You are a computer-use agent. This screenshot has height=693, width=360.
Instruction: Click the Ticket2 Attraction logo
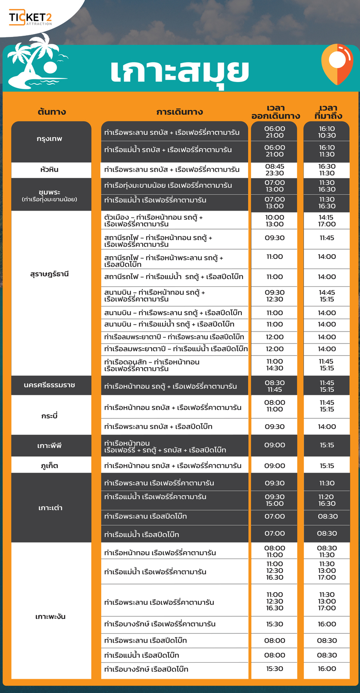(x=31, y=18)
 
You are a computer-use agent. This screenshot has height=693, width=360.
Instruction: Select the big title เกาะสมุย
(x=179, y=71)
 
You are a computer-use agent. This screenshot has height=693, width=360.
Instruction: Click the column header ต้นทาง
(x=52, y=112)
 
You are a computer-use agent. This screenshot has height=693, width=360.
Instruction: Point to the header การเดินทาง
(x=179, y=112)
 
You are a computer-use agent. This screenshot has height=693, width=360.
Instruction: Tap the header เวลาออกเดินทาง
(x=275, y=112)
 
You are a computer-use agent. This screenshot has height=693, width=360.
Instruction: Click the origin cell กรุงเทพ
(x=50, y=139)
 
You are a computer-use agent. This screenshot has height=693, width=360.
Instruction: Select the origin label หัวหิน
(x=50, y=170)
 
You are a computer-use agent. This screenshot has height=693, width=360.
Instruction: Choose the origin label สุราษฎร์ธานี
(x=50, y=274)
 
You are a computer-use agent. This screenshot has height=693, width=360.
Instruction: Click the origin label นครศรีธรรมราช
(x=50, y=385)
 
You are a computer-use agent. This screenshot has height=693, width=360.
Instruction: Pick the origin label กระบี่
(x=50, y=416)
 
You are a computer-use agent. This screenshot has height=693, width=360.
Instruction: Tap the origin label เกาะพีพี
(x=50, y=445)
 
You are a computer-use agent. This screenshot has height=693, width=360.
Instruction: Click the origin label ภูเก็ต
(x=50, y=466)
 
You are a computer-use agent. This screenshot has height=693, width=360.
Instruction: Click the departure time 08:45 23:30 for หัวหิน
(x=274, y=170)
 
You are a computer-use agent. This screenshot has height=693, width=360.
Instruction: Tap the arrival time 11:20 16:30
(x=327, y=500)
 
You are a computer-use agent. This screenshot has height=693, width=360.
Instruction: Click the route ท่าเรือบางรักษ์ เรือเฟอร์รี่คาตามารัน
(x=160, y=624)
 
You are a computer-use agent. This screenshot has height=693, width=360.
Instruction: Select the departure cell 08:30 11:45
(x=274, y=386)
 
